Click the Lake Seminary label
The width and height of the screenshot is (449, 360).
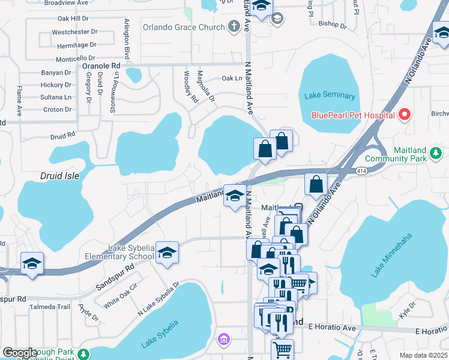(330, 96)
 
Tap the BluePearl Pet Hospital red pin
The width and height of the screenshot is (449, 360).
(405, 114)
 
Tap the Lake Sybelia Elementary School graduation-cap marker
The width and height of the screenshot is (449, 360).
(167, 253)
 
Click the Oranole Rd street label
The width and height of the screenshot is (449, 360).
(101, 65)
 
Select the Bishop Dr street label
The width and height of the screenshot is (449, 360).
(333, 25)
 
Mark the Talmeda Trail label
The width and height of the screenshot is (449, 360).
(55, 307)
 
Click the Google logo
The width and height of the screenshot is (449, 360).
(20, 353)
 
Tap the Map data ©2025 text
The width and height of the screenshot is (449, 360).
(423, 355)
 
